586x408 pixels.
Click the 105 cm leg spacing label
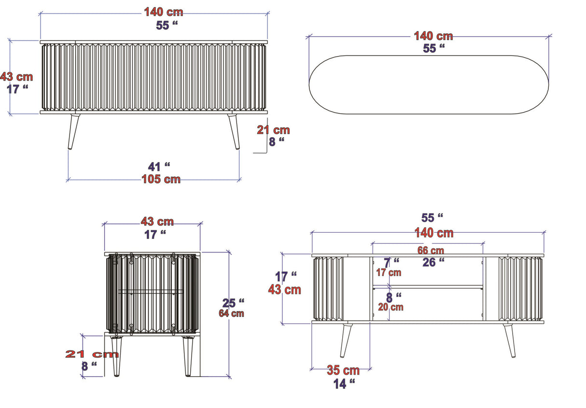coord(161,179)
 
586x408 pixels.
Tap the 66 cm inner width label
coord(430,251)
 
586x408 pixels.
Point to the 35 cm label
coord(343,371)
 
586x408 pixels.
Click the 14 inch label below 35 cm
coord(344,384)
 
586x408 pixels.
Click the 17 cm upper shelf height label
coord(388,272)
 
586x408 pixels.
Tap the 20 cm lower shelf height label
coord(391,307)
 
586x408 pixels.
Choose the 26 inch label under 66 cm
coord(433,262)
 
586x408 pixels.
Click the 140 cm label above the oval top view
coord(433,36)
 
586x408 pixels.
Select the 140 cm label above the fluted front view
coord(164,13)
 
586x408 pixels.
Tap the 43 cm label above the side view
coord(157,222)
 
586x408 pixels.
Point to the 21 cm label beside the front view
coord(273,130)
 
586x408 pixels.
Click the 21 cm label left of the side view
coord(92,354)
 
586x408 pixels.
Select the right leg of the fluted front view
coord(234,131)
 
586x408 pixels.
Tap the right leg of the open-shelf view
coord(510,340)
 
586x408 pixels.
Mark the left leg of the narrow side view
coord(116,356)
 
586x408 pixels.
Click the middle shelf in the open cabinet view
coord(428,287)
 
